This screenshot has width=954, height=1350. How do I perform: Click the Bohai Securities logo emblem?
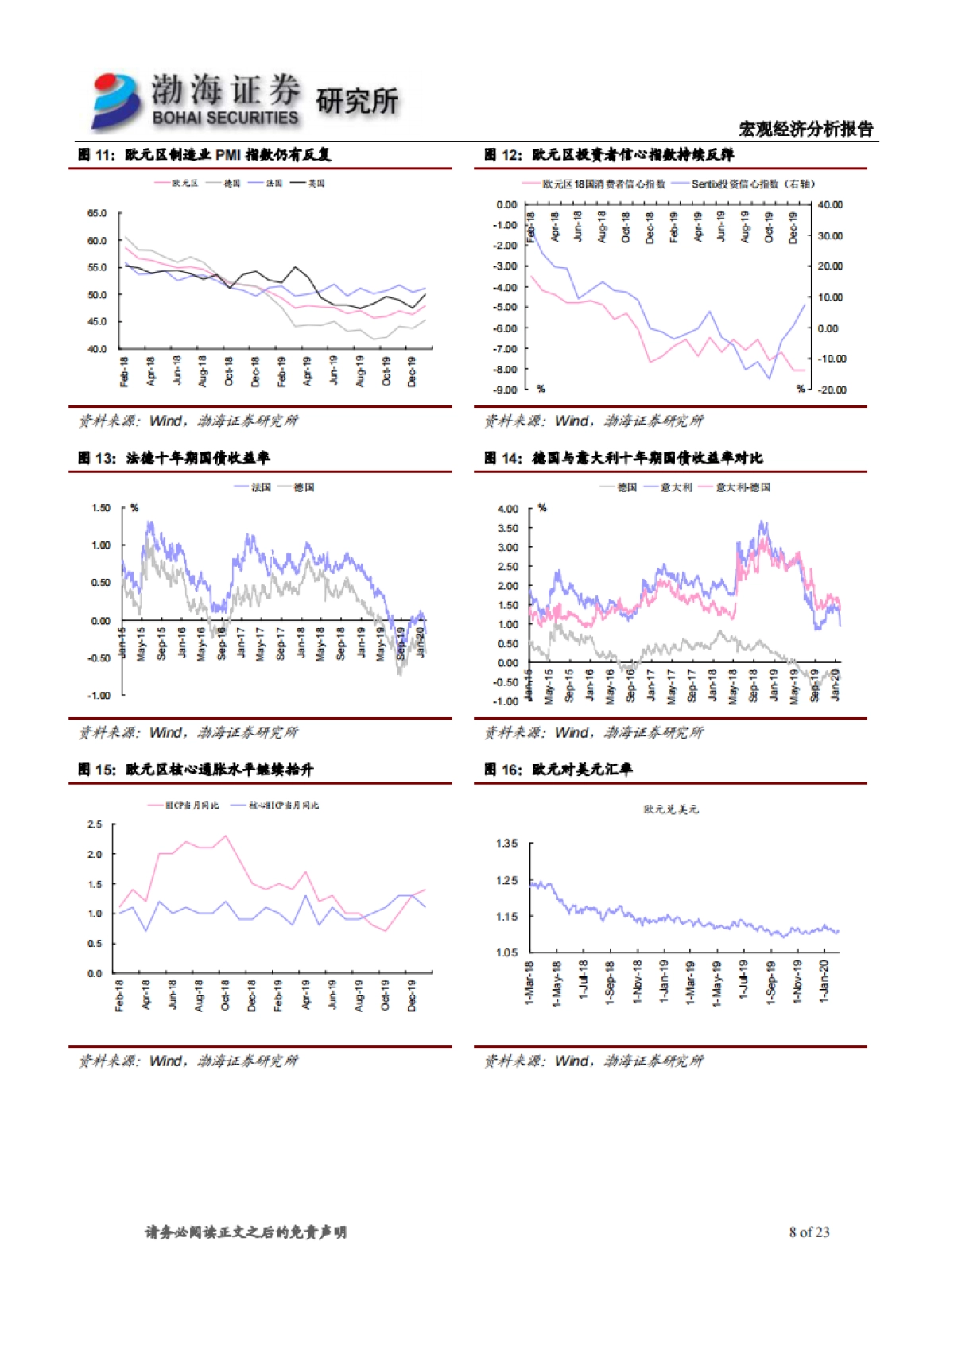(116, 100)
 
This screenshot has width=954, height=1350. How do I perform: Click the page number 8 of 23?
(809, 1232)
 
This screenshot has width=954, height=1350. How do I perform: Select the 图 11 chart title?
(204, 155)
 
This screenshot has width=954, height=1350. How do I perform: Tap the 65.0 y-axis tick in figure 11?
(97, 214)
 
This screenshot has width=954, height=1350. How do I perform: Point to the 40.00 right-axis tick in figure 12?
(830, 205)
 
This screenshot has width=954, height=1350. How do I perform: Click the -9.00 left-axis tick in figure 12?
(506, 390)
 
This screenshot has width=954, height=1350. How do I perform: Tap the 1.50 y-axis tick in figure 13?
(101, 508)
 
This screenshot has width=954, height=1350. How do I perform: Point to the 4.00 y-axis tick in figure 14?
(508, 509)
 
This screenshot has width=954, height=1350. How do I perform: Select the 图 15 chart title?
(196, 770)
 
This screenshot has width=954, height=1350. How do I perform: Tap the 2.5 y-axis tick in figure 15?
(95, 824)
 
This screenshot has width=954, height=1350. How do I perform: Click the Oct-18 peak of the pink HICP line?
(226, 836)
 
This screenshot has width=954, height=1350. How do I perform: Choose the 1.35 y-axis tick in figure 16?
(506, 844)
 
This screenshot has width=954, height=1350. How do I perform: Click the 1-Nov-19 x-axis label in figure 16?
(797, 983)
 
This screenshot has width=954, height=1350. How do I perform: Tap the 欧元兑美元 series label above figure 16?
(671, 809)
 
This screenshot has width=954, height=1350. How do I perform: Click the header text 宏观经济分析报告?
(805, 129)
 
